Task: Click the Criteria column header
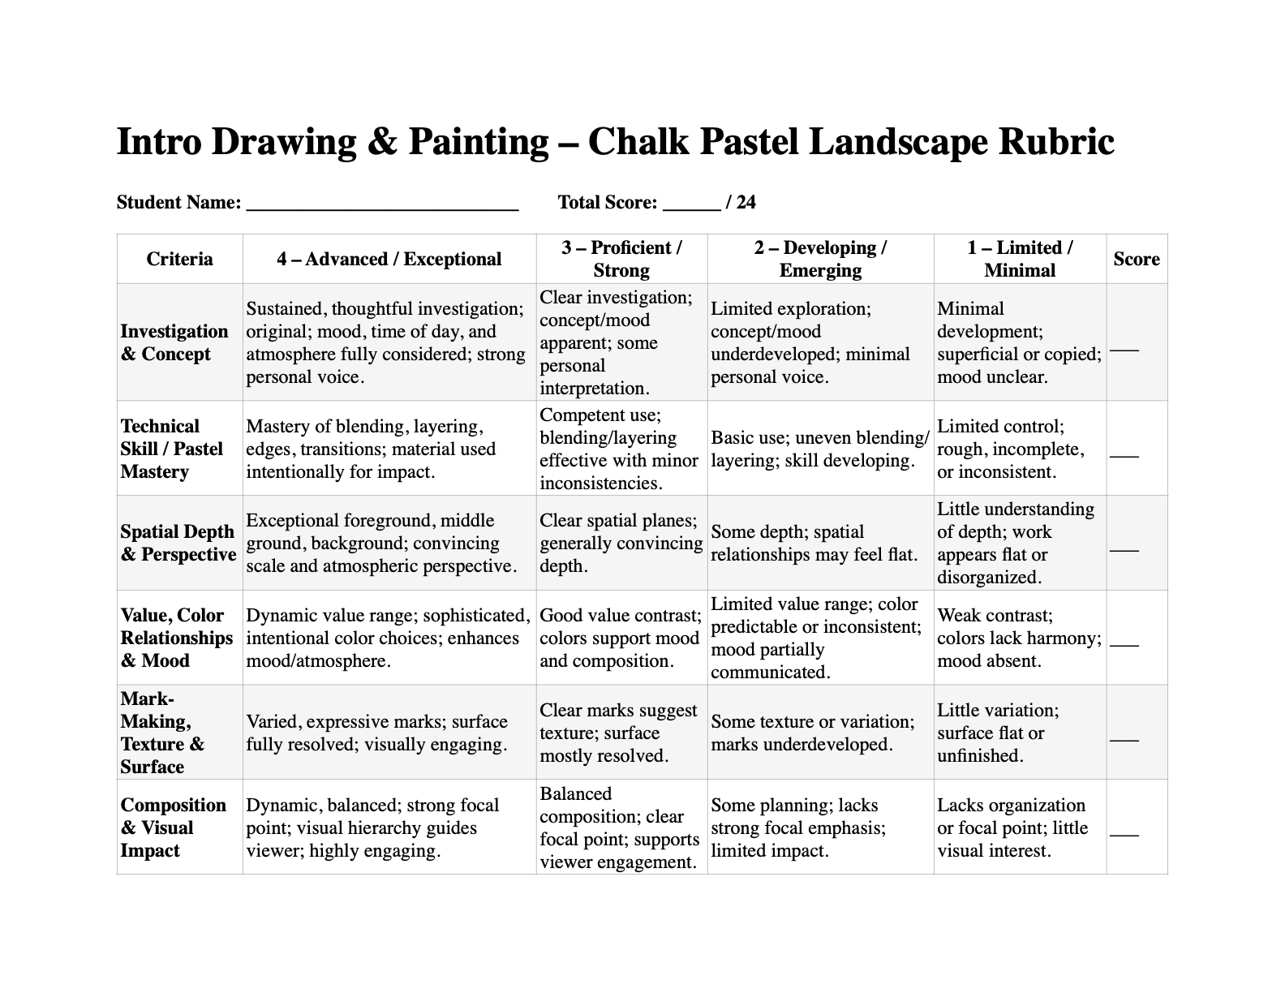(179, 260)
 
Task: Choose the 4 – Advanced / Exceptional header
(389, 260)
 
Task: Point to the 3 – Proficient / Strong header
(621, 260)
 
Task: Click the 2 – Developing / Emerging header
(820, 260)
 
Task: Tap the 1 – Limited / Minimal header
(1020, 260)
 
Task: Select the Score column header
(1136, 260)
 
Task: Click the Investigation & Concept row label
(174, 342)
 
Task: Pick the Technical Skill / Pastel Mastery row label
(171, 449)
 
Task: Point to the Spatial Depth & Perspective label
(178, 543)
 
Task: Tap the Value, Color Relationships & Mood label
(176, 638)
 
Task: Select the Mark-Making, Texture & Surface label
(162, 733)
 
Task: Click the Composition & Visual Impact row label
(173, 827)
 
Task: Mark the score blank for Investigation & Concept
(1124, 348)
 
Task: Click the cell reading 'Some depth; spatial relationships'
(814, 543)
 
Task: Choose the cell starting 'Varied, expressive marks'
(376, 733)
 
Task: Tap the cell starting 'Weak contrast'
(1019, 638)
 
